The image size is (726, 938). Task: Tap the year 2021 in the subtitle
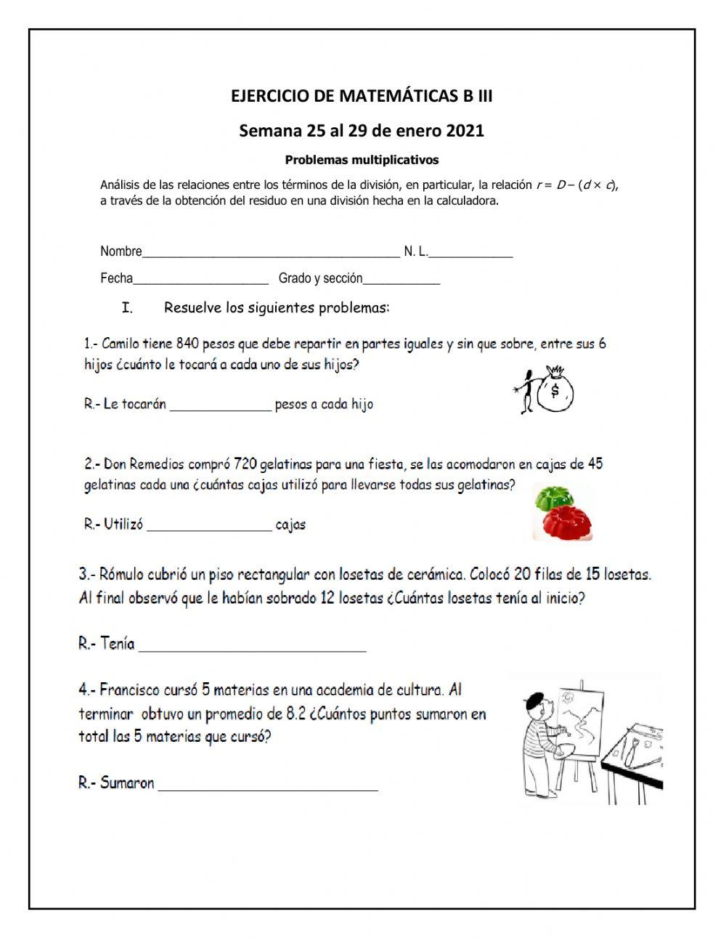(x=465, y=131)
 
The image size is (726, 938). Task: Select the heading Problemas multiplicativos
(x=362, y=159)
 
